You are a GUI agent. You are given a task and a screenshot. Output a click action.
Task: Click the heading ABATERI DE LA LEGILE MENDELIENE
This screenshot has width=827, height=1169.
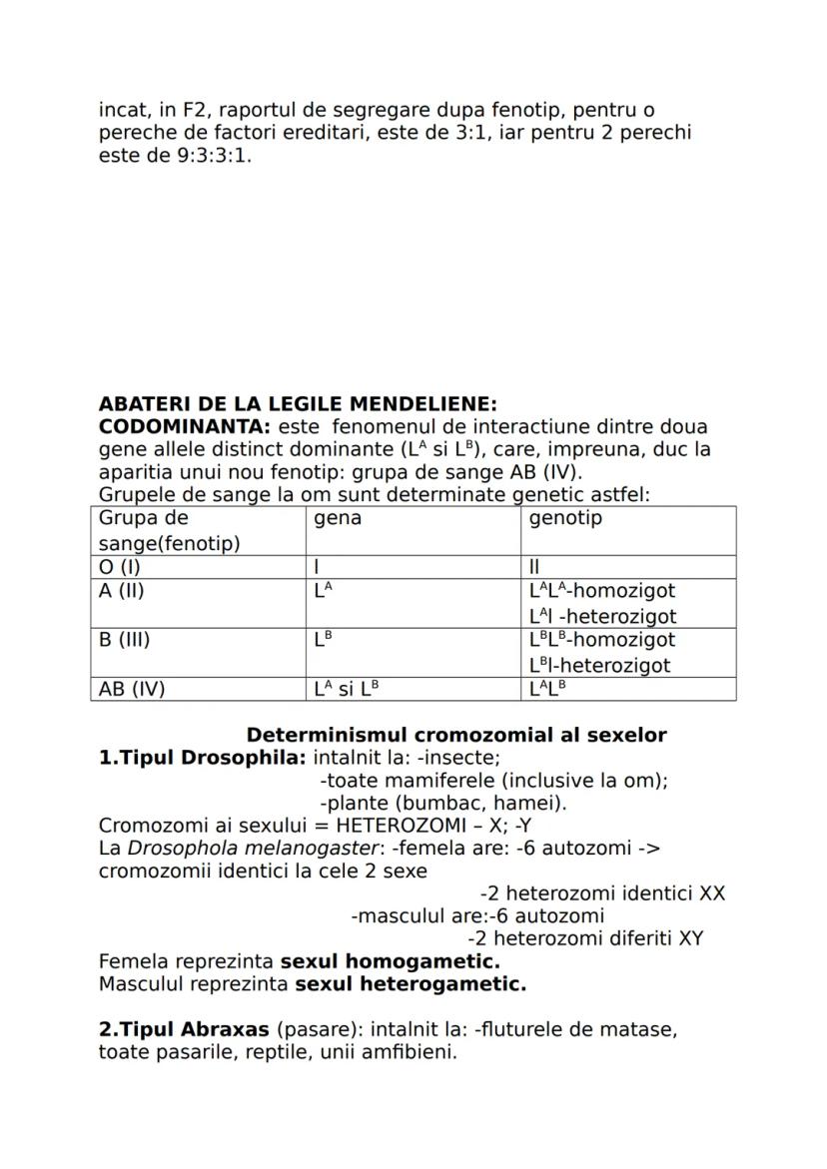coord(298,404)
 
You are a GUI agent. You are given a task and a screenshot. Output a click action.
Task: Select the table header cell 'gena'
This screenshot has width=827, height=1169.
coord(338,519)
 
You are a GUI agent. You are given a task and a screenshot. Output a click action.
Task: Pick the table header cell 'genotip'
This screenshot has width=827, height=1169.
coord(565,519)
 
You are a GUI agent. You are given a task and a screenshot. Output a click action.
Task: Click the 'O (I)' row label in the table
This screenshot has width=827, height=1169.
coord(119,568)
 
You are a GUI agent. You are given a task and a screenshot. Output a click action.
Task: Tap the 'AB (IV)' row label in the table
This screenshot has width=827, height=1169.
coord(132,689)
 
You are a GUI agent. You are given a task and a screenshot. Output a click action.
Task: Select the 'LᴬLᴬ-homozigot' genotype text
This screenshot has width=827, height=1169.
coord(602,591)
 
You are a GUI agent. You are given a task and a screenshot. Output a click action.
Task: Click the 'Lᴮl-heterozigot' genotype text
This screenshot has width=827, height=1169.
coord(599,665)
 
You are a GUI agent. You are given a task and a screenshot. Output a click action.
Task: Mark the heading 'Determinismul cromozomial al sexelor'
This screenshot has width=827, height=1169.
coord(456,735)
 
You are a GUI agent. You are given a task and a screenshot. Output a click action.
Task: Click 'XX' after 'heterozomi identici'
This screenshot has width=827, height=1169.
coord(712,892)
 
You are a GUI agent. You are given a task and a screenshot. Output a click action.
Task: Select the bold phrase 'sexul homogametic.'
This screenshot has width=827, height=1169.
coord(390,961)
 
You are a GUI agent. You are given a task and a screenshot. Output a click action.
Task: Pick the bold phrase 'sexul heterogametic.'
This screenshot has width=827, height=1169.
coord(411,984)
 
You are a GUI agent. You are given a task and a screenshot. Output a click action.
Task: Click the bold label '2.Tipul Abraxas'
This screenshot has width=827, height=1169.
coord(184,1029)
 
